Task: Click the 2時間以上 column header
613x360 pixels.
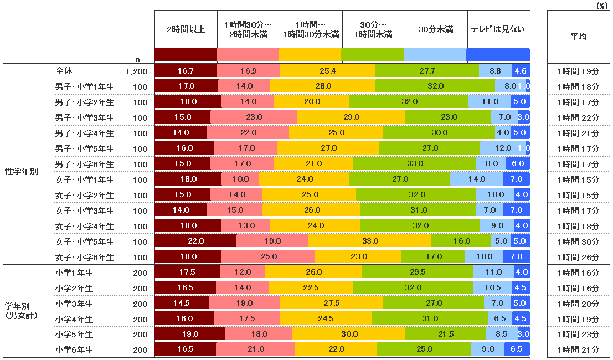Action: coord(186,29)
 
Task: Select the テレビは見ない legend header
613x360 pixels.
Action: coord(498,29)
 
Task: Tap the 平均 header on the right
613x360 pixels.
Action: coord(578,36)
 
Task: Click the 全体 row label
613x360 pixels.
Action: coord(64,71)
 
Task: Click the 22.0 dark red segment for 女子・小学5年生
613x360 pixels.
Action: coord(195,241)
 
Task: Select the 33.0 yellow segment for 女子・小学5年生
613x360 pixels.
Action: coord(369,241)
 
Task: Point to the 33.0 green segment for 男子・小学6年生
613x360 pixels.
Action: coord(414,164)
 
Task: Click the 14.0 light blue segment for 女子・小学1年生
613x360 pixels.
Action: coord(476,179)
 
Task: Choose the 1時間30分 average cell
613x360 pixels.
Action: coord(578,241)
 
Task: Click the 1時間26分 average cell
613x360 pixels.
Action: coord(578,257)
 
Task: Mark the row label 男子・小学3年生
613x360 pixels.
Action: coord(84,117)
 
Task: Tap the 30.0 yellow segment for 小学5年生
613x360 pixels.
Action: coord(348,335)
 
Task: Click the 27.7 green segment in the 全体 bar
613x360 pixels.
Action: coord(427,71)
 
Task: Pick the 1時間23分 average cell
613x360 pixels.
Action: coord(578,335)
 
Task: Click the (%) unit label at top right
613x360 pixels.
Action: coord(601,5)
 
